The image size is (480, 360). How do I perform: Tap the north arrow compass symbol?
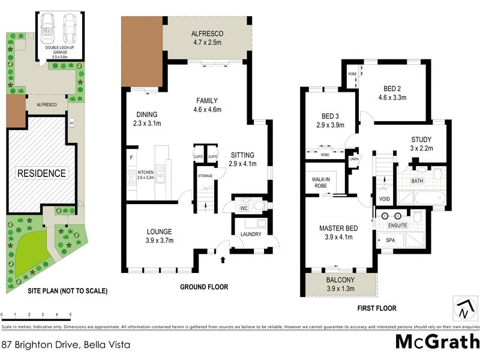point(463,308)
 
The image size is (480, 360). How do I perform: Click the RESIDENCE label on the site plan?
point(41,173)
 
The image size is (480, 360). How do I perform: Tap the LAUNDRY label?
point(250,234)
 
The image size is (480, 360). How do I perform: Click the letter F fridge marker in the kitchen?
point(131,158)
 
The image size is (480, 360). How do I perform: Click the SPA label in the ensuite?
point(390,240)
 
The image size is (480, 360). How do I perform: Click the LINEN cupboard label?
point(354,159)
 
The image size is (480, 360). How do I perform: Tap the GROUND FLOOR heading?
point(204,287)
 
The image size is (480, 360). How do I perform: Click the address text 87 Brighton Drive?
point(66,344)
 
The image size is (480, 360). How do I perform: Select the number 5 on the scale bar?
point(70,314)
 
